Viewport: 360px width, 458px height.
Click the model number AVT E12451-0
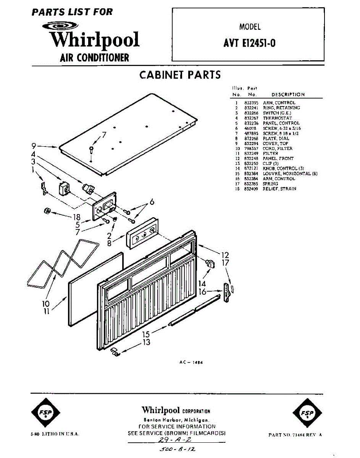pos(249,43)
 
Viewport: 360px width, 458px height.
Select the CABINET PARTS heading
pos(180,74)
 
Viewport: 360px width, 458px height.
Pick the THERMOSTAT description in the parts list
pos(277,118)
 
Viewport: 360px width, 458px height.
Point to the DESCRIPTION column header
pos(288,95)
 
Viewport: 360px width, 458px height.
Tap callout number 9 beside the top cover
pos(34,145)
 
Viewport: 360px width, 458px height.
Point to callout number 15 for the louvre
pos(146,334)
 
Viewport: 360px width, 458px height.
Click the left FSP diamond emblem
pos(45,413)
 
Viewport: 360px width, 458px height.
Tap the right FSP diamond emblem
pos(307,413)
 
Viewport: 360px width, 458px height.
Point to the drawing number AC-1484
pos(191,363)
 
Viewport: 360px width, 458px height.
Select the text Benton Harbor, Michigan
pos(176,420)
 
